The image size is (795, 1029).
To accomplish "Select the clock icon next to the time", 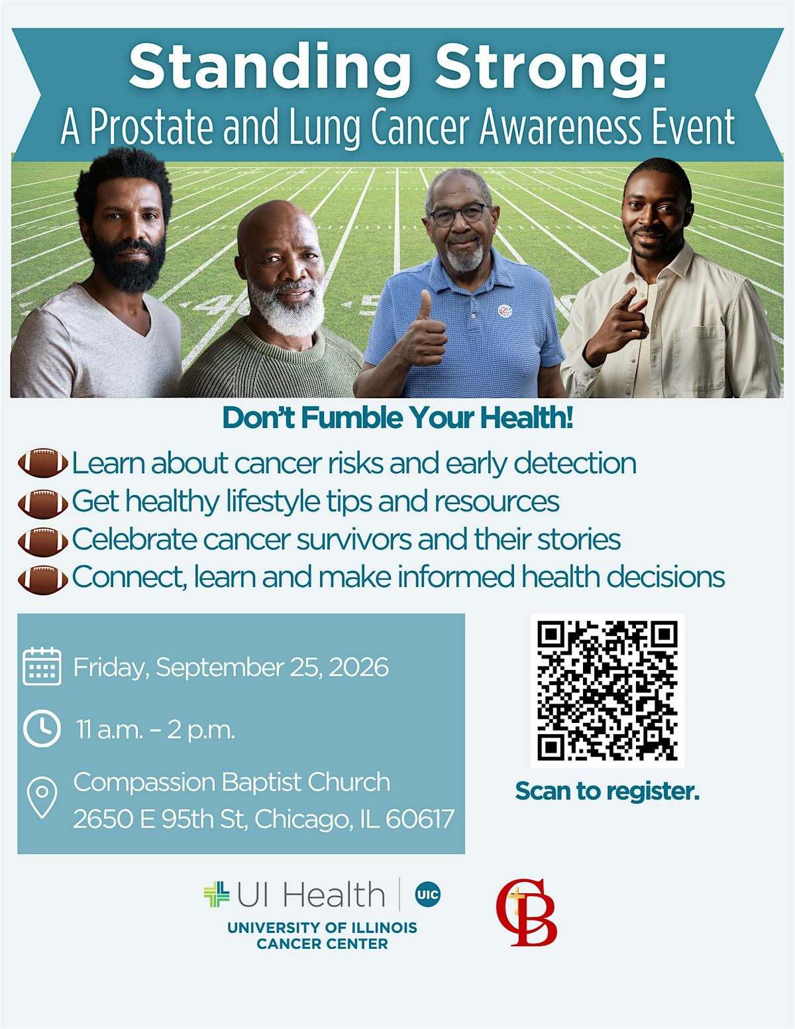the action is click(x=42, y=728).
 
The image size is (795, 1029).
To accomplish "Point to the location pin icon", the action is click(x=42, y=798).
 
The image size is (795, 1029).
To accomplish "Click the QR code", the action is click(x=607, y=690).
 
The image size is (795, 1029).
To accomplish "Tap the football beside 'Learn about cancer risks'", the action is click(x=43, y=462).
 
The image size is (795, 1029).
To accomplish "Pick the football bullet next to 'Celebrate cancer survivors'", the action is click(x=43, y=541).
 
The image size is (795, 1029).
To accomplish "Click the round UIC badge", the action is click(x=427, y=894).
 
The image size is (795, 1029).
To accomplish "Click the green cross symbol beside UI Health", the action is click(x=217, y=894).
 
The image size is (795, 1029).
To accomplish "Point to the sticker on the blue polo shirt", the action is click(x=505, y=311).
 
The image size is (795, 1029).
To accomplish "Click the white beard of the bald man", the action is click(x=287, y=307).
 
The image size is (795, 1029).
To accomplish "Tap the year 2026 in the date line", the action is click(x=358, y=667).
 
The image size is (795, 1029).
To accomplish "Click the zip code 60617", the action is click(x=420, y=819).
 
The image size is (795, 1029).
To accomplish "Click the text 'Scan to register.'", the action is click(x=607, y=791).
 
